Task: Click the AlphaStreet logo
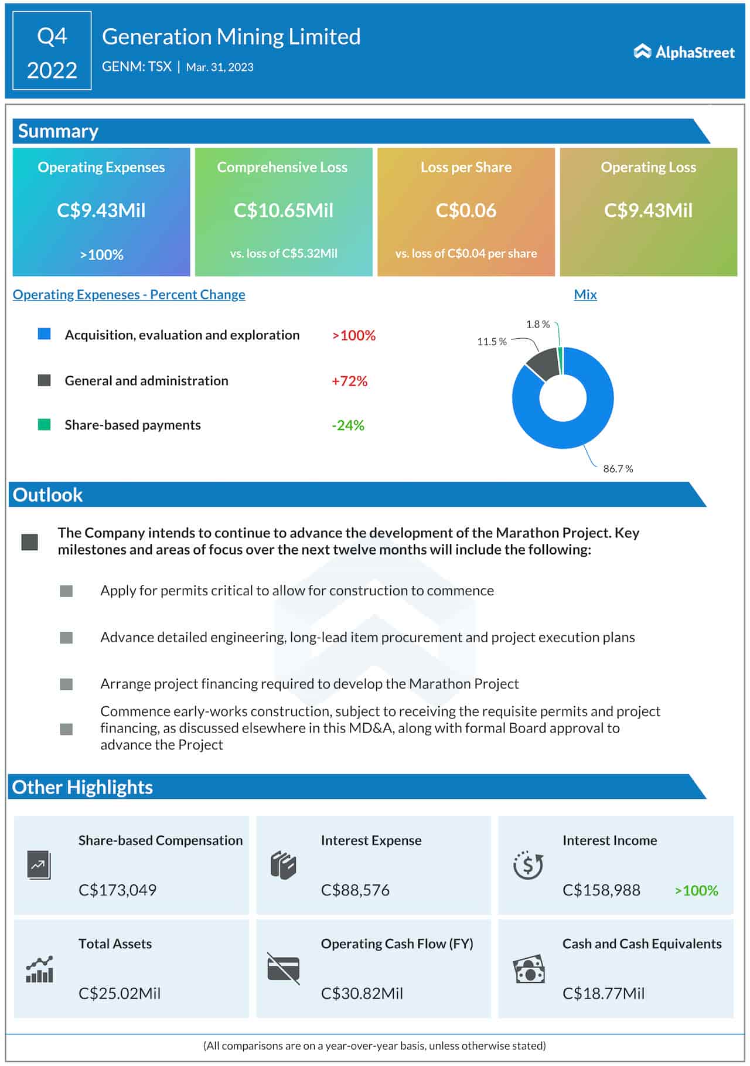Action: point(684,52)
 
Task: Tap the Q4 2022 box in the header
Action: point(52,51)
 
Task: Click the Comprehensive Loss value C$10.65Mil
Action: point(284,210)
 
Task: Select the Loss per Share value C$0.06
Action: point(466,210)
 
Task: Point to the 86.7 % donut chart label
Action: point(618,469)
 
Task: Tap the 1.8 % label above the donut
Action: point(537,324)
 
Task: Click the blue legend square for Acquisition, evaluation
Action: point(44,334)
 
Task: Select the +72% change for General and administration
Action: point(349,381)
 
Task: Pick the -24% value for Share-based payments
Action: point(348,425)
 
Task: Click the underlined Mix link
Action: point(585,295)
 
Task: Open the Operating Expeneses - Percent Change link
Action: point(129,295)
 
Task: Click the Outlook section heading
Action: point(47,495)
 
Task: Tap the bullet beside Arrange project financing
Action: point(66,684)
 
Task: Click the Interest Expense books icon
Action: point(284,866)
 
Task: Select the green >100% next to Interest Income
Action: point(696,890)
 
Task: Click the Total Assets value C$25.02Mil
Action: point(120,993)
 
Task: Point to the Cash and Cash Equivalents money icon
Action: point(529,970)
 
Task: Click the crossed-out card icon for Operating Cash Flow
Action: point(284,968)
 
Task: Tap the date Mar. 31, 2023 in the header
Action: point(220,67)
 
